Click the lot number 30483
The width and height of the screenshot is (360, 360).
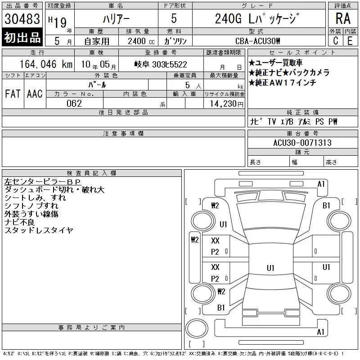coord(22,19)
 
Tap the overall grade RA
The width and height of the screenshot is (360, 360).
coord(343,18)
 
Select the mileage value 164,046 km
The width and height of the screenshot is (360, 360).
coord(46,64)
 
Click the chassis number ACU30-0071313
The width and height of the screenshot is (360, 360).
coord(302,143)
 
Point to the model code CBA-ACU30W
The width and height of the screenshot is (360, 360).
coord(257,41)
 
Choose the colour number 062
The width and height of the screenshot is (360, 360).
coord(74,103)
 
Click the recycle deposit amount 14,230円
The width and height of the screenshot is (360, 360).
coord(226,104)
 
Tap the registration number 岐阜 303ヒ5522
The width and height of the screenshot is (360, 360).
coord(161,64)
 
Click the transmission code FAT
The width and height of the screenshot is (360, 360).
coord(13,94)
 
